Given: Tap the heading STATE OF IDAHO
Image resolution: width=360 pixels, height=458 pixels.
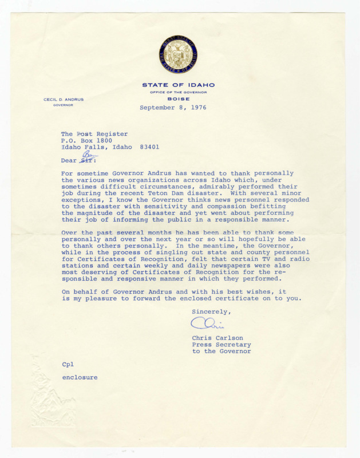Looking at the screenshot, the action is coord(178,85).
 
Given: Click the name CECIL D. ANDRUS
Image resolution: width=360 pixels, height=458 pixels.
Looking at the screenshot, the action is coord(64,100).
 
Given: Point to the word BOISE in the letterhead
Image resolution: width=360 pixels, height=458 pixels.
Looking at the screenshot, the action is coord(178,98).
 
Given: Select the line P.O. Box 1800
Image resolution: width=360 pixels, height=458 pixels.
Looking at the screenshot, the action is coord(86,140).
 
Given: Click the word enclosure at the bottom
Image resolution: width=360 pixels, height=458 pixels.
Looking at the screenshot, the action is coord(80,378).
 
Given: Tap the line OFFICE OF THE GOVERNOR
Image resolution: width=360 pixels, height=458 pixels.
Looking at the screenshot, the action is coord(178,92).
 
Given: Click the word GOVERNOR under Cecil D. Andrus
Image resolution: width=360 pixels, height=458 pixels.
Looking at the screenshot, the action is coord(64,105).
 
